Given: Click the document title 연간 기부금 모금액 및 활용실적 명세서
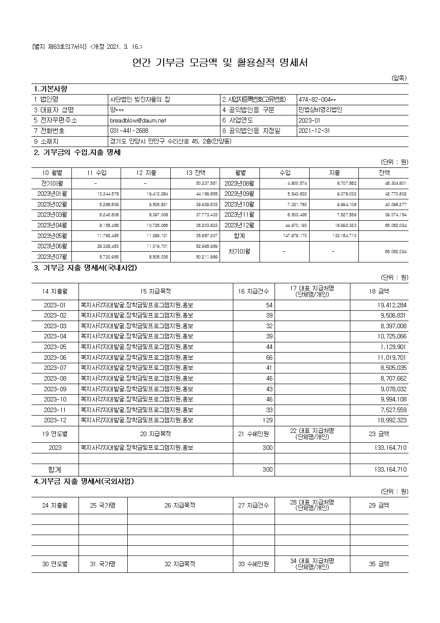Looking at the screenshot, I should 220,63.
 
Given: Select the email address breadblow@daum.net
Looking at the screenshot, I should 138,120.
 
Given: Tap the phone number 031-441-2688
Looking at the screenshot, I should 129,131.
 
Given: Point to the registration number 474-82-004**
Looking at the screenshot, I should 317,99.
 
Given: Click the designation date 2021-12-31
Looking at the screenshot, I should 314,131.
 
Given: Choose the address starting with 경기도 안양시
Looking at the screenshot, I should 171,142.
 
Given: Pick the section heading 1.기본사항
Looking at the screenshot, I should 51,89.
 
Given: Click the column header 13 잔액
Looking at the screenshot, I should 196,173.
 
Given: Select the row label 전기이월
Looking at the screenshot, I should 52,183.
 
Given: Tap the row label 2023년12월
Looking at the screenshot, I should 240,225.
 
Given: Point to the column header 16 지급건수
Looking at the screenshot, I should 254,291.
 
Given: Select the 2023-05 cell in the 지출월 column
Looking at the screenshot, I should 55,347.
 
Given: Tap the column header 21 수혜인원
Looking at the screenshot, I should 254,434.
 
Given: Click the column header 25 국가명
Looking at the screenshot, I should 102,505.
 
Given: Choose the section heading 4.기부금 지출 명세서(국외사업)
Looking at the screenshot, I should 84,481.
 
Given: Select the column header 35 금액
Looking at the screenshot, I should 379,564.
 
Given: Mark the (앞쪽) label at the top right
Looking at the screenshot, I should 399,78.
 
